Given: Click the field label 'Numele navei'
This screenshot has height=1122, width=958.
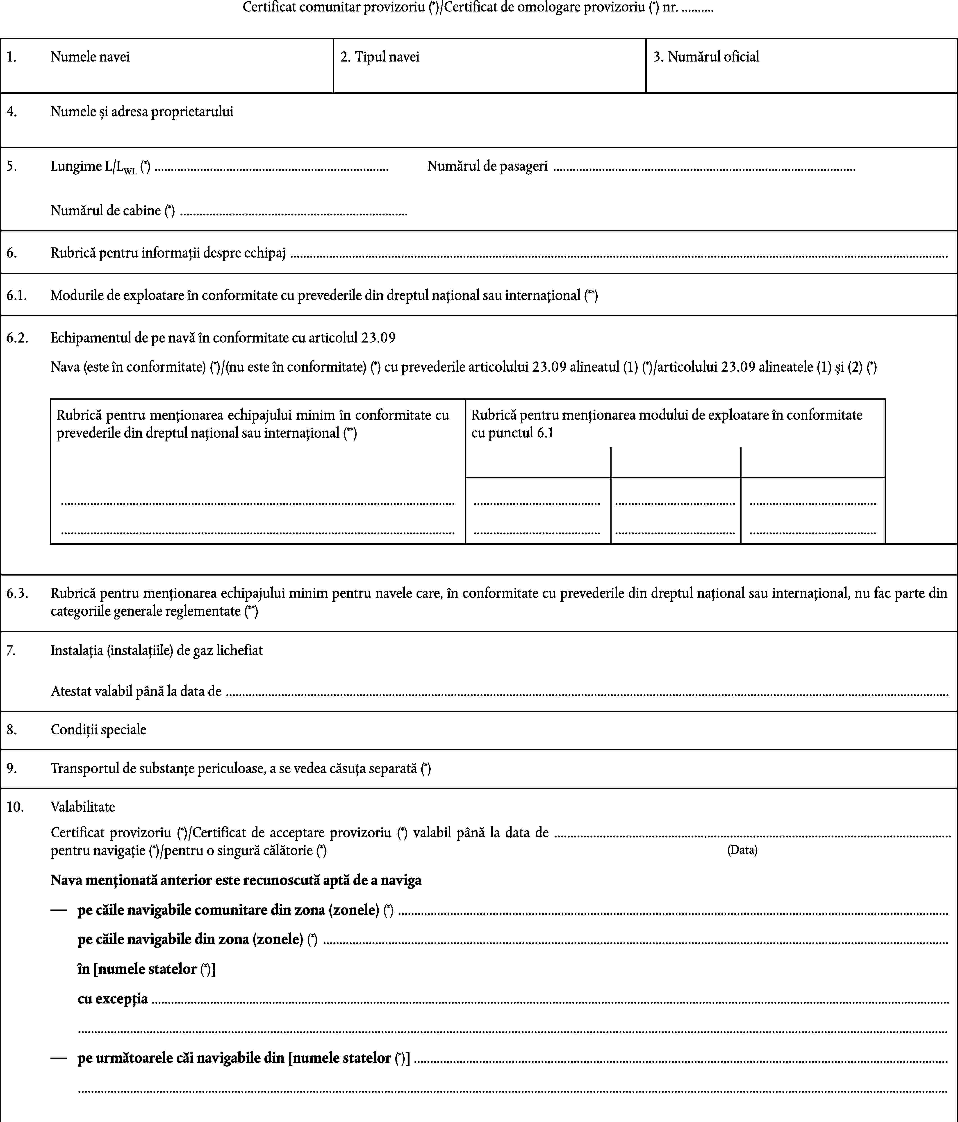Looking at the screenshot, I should point(90,57).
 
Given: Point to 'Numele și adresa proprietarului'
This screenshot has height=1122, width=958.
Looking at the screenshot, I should point(142,112).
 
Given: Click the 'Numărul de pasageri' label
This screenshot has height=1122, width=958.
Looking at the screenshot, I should point(487,166).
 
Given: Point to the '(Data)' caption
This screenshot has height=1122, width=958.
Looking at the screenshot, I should point(742,850).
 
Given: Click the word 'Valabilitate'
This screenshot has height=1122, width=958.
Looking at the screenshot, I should point(83,807).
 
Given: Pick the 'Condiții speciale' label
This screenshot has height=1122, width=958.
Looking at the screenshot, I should point(98,729).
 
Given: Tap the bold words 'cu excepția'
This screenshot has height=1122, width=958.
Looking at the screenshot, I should point(113,998).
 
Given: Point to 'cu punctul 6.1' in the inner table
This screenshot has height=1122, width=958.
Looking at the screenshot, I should point(512,433).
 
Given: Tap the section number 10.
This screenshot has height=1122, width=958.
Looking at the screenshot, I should point(15,807).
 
